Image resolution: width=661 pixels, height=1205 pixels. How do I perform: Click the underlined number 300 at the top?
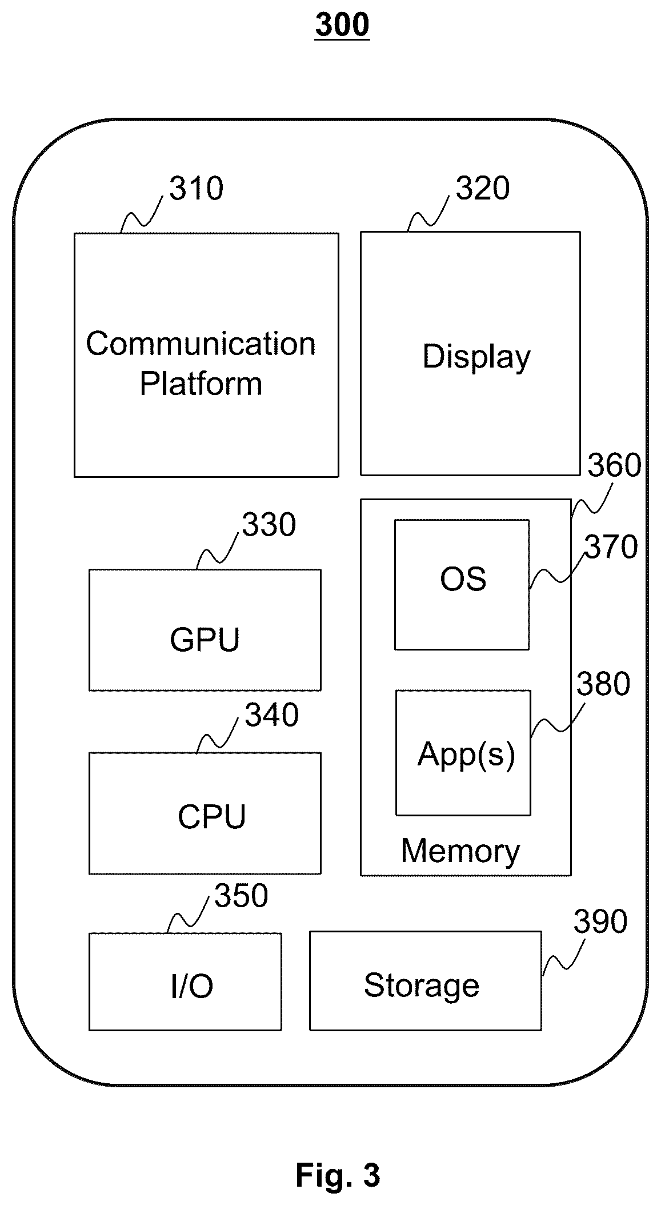342,26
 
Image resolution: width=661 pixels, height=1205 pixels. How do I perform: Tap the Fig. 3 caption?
338,1175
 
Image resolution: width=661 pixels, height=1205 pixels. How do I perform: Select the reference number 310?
196,189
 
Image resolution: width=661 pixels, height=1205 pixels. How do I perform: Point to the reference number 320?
483,189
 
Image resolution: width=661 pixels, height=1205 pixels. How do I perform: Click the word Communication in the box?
201,344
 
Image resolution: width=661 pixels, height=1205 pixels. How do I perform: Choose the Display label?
476,358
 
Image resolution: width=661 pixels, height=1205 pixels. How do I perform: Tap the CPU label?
211,817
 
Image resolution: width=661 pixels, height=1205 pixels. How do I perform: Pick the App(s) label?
466,754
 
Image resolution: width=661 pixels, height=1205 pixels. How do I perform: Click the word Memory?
460,851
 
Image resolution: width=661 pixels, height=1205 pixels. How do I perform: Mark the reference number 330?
269,525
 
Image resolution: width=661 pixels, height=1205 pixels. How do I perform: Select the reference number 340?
272,715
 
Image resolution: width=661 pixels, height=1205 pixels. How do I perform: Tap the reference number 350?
241,896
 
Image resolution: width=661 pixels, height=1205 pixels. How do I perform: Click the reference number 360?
614,465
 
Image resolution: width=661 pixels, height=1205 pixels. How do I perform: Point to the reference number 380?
603,684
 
